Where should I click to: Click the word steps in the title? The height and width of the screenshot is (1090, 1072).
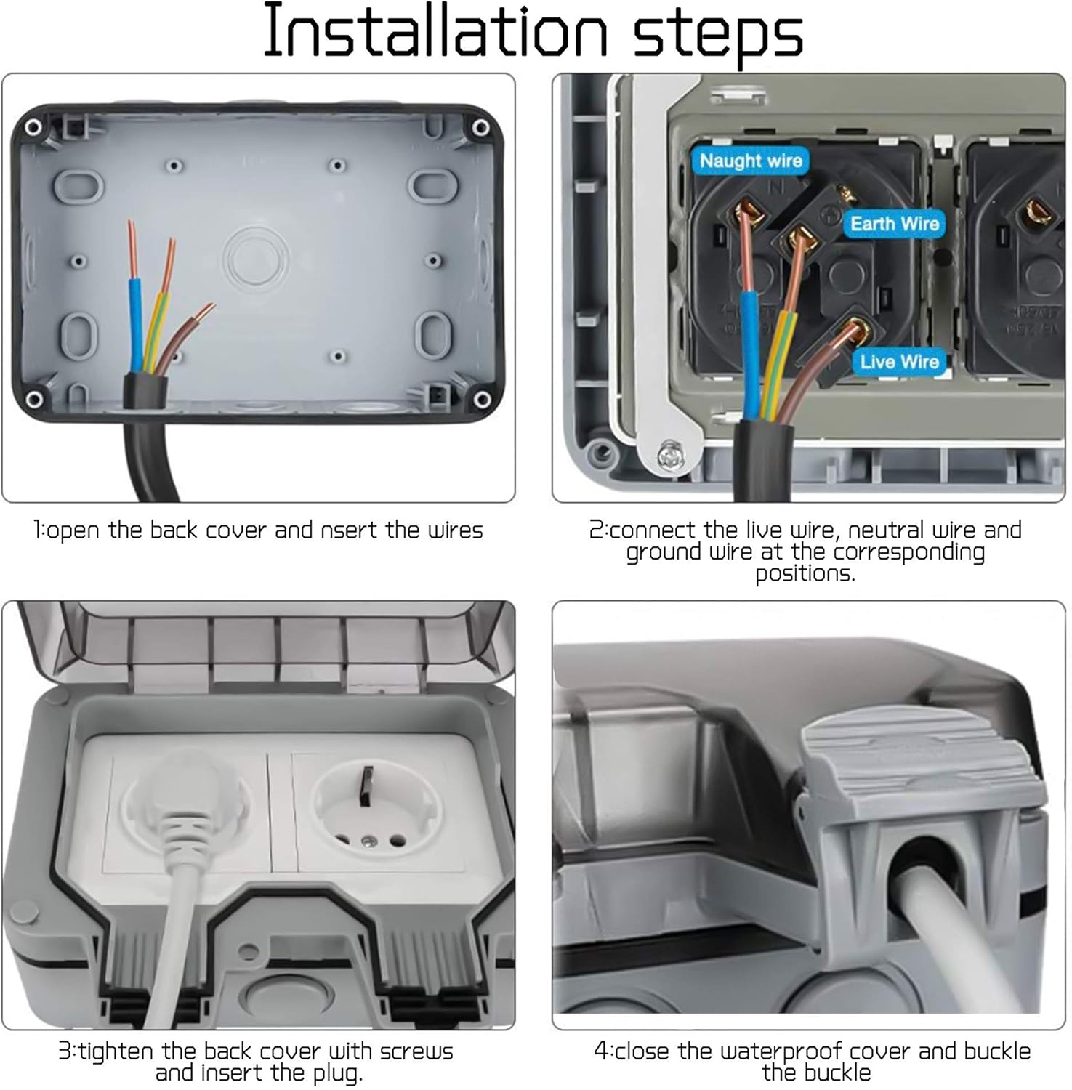718,35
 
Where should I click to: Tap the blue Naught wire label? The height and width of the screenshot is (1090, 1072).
751,161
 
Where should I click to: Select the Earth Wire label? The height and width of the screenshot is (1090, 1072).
895,224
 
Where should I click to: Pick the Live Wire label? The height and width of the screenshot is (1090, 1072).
899,361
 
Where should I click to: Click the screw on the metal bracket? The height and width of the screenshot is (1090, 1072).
668,455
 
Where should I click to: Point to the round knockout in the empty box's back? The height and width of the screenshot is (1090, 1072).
256,259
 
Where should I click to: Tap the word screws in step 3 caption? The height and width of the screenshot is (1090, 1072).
416,1051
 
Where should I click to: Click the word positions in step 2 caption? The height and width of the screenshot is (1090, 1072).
805,574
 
